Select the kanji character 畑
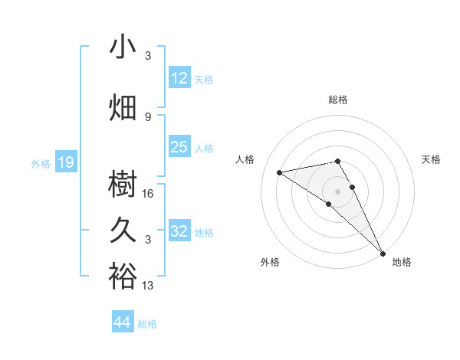[x=123, y=107]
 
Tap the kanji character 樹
[x=123, y=184]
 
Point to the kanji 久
[x=123, y=230]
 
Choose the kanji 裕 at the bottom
[x=123, y=276]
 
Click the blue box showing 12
[x=179, y=78]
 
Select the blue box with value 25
[x=179, y=147]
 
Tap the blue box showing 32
[x=179, y=231]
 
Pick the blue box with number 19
[x=66, y=162]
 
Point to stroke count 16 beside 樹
[x=149, y=194]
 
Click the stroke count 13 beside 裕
[x=149, y=286]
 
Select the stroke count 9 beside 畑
[x=149, y=116]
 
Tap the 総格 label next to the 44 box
[x=148, y=324]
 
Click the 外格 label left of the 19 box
[x=41, y=163]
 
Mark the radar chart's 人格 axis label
[x=245, y=159]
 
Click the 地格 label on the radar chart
[x=402, y=262]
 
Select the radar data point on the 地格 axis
[x=383, y=253]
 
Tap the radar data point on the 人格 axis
[x=280, y=172]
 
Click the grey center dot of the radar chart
[x=338, y=190]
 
